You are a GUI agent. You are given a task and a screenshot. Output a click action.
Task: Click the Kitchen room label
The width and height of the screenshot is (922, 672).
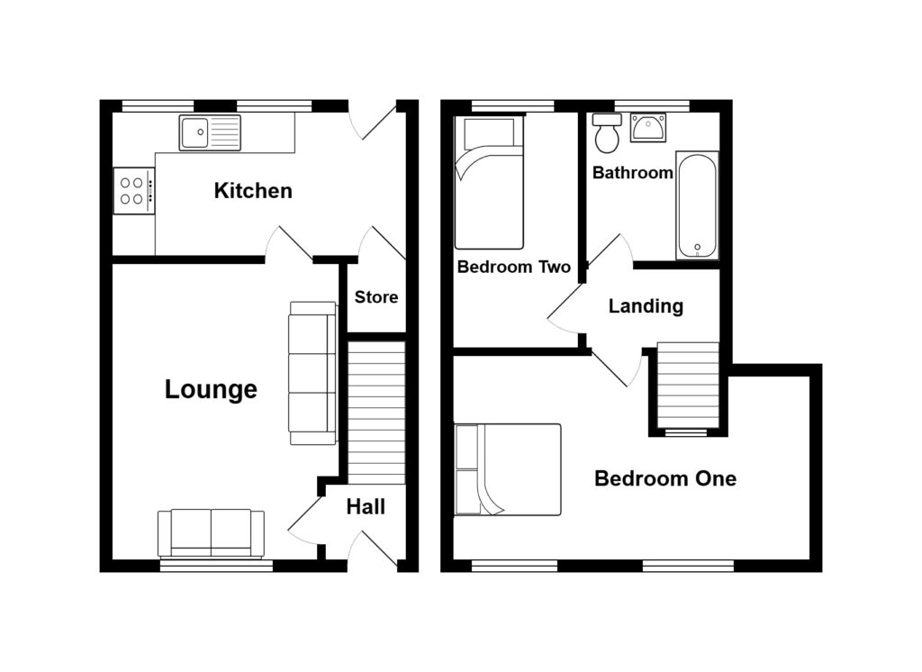(x=253, y=191)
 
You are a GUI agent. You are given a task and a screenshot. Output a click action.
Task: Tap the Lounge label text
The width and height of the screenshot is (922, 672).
(x=211, y=389)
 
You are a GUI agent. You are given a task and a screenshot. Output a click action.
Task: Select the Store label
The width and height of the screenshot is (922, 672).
(x=375, y=297)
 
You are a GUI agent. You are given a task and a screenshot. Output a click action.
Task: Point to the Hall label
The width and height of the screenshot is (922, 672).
(x=366, y=507)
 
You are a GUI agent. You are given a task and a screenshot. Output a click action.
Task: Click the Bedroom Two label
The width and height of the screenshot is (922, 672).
(x=513, y=268)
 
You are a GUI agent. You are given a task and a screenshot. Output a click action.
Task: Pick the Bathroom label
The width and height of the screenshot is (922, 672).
(x=632, y=173)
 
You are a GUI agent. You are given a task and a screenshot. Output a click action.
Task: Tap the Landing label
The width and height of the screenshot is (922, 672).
(x=646, y=306)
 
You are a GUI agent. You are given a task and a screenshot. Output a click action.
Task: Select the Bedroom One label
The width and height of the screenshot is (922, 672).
(x=664, y=478)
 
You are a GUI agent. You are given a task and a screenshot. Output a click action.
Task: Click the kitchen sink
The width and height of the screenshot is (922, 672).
(x=210, y=133)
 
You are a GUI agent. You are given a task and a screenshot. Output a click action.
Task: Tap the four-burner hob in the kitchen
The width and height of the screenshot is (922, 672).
(x=133, y=190)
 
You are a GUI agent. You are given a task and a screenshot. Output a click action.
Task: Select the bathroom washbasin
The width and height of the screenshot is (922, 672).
(x=648, y=128)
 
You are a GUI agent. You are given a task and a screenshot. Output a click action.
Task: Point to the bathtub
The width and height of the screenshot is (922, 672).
(x=697, y=205)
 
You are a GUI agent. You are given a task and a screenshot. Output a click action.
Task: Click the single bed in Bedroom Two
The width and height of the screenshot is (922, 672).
(x=489, y=184)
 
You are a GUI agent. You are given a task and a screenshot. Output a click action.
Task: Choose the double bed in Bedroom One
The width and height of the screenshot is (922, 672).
(x=508, y=469)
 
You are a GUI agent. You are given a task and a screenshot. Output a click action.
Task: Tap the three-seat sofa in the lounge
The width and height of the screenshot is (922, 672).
(x=312, y=373)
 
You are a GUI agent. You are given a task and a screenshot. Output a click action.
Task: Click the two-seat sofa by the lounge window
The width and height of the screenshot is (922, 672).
(x=211, y=533)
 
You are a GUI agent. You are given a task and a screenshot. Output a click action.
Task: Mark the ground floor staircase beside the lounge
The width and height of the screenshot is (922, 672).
(x=376, y=411)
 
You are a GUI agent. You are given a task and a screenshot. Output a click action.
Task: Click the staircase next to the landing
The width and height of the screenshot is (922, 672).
(x=689, y=386)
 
